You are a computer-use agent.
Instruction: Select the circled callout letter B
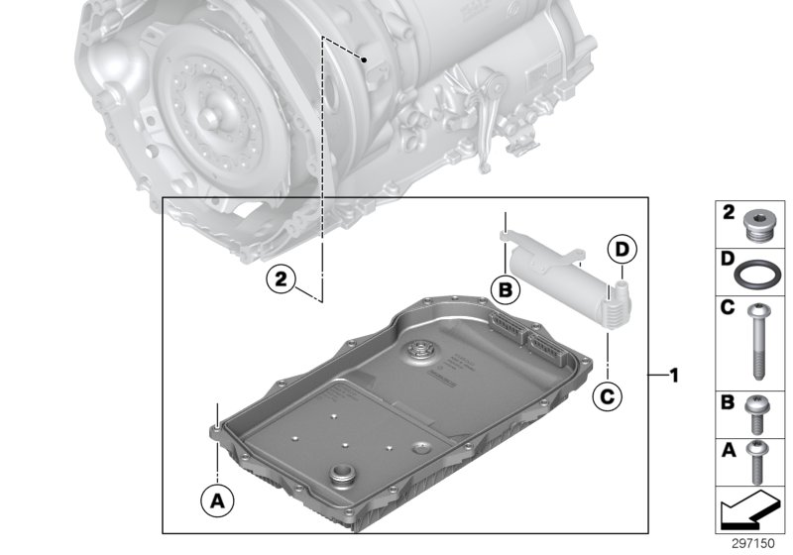click(x=505, y=289)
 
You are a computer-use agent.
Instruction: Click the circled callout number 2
click(x=282, y=280)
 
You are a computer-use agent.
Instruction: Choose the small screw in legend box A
click(x=755, y=461)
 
